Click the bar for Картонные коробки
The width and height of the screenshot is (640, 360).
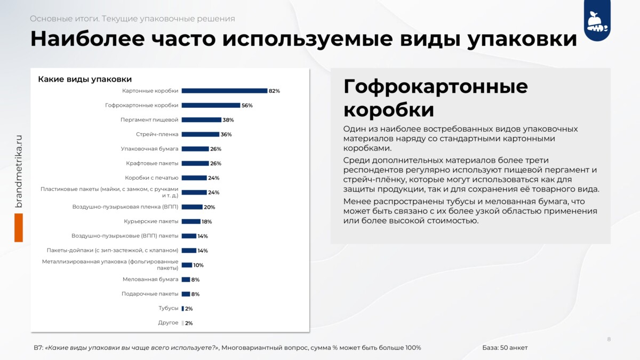click(x=225, y=91)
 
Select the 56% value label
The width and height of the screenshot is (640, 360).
click(x=247, y=106)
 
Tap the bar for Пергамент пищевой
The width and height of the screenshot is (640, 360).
click(x=202, y=120)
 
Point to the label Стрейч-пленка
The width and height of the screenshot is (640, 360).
click(x=157, y=134)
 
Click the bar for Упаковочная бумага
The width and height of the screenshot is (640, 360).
click(x=195, y=149)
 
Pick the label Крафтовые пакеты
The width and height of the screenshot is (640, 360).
click(x=152, y=163)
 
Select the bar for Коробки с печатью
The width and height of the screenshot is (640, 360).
click(x=194, y=178)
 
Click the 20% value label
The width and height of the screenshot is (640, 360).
click(x=210, y=207)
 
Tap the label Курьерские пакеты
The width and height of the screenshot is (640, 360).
click(x=151, y=221)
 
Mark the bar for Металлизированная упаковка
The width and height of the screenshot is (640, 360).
click(x=187, y=265)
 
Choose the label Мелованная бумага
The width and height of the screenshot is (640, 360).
click(x=150, y=279)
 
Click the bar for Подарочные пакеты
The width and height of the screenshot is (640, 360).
click(x=186, y=294)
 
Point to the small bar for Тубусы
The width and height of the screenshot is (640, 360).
click(x=183, y=309)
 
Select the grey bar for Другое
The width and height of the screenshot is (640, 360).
click(x=183, y=323)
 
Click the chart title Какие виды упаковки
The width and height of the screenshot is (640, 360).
click(x=85, y=79)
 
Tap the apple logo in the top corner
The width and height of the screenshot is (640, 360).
click(x=597, y=21)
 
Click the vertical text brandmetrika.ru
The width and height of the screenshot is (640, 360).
click(x=19, y=171)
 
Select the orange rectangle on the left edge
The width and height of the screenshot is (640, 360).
click(x=19, y=228)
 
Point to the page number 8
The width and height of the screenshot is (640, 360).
click(x=609, y=339)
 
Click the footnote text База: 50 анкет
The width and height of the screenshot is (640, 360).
click(x=505, y=348)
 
